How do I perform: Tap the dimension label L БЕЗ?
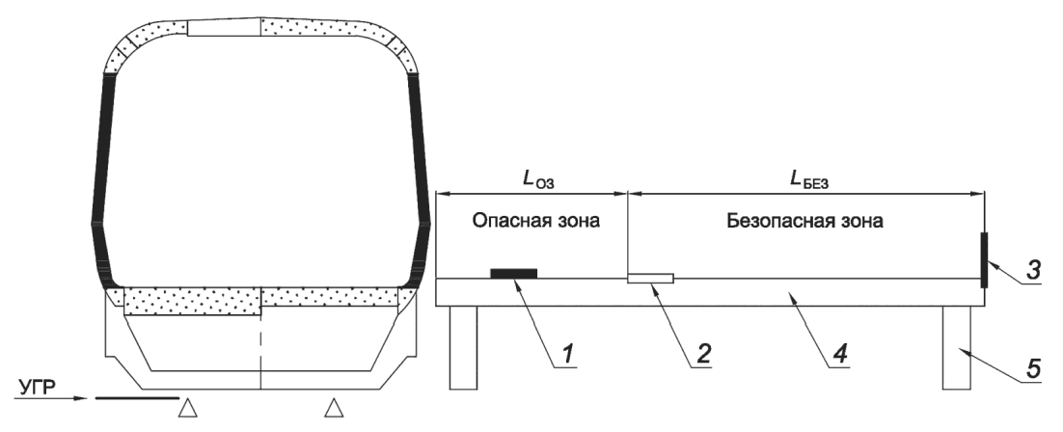pyautogui.click(x=805, y=179)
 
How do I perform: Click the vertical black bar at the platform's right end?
pyautogui.click(x=983, y=259)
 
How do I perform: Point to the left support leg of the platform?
pyautogui.click(x=463, y=347)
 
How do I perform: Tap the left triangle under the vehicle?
pyautogui.click(x=190, y=411)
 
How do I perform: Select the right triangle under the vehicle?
pyautogui.click(x=334, y=411)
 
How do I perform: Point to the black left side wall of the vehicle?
pyautogui.click(x=103, y=183)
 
